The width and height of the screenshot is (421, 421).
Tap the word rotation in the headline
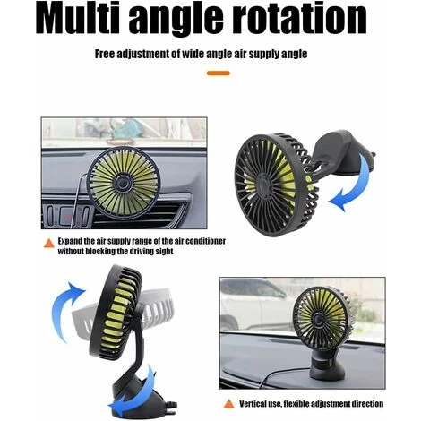point(299,19)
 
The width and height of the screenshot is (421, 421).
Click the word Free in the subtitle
point(105,54)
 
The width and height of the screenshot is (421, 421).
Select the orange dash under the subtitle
point(219,73)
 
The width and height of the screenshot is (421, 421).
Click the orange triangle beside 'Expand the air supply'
point(49,243)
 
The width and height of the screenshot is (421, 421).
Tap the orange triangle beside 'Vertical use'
point(229,403)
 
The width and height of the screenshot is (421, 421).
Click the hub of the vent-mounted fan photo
point(123,182)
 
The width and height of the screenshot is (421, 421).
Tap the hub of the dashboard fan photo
point(320,320)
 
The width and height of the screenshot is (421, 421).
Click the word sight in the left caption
point(165,252)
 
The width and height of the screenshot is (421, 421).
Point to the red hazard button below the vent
point(67,216)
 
